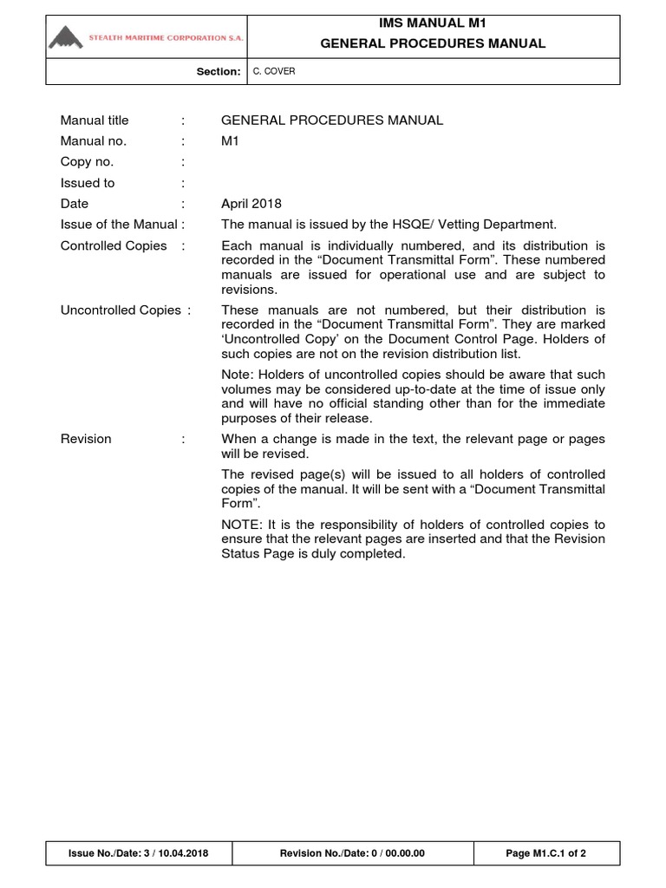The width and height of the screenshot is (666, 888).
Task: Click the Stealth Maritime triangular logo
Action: click(67, 37)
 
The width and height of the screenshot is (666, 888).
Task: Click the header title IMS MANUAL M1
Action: click(433, 23)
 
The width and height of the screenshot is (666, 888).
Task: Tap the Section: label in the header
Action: click(219, 72)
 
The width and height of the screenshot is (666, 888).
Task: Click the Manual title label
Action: click(95, 121)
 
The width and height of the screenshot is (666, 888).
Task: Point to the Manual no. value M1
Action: click(230, 141)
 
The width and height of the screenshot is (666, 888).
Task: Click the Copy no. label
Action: click(87, 162)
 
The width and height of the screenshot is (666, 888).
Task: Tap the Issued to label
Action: click(88, 183)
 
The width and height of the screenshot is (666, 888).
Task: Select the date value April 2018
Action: click(251, 204)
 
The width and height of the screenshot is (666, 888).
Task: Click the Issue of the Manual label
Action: click(120, 225)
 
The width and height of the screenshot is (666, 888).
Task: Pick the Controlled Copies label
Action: click(114, 245)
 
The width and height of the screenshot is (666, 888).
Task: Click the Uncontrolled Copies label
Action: click(121, 310)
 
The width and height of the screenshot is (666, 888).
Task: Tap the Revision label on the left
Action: click(86, 439)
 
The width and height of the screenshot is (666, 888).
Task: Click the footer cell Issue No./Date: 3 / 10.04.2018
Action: click(138, 854)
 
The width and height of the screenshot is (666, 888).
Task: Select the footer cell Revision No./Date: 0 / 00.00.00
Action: click(352, 854)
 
